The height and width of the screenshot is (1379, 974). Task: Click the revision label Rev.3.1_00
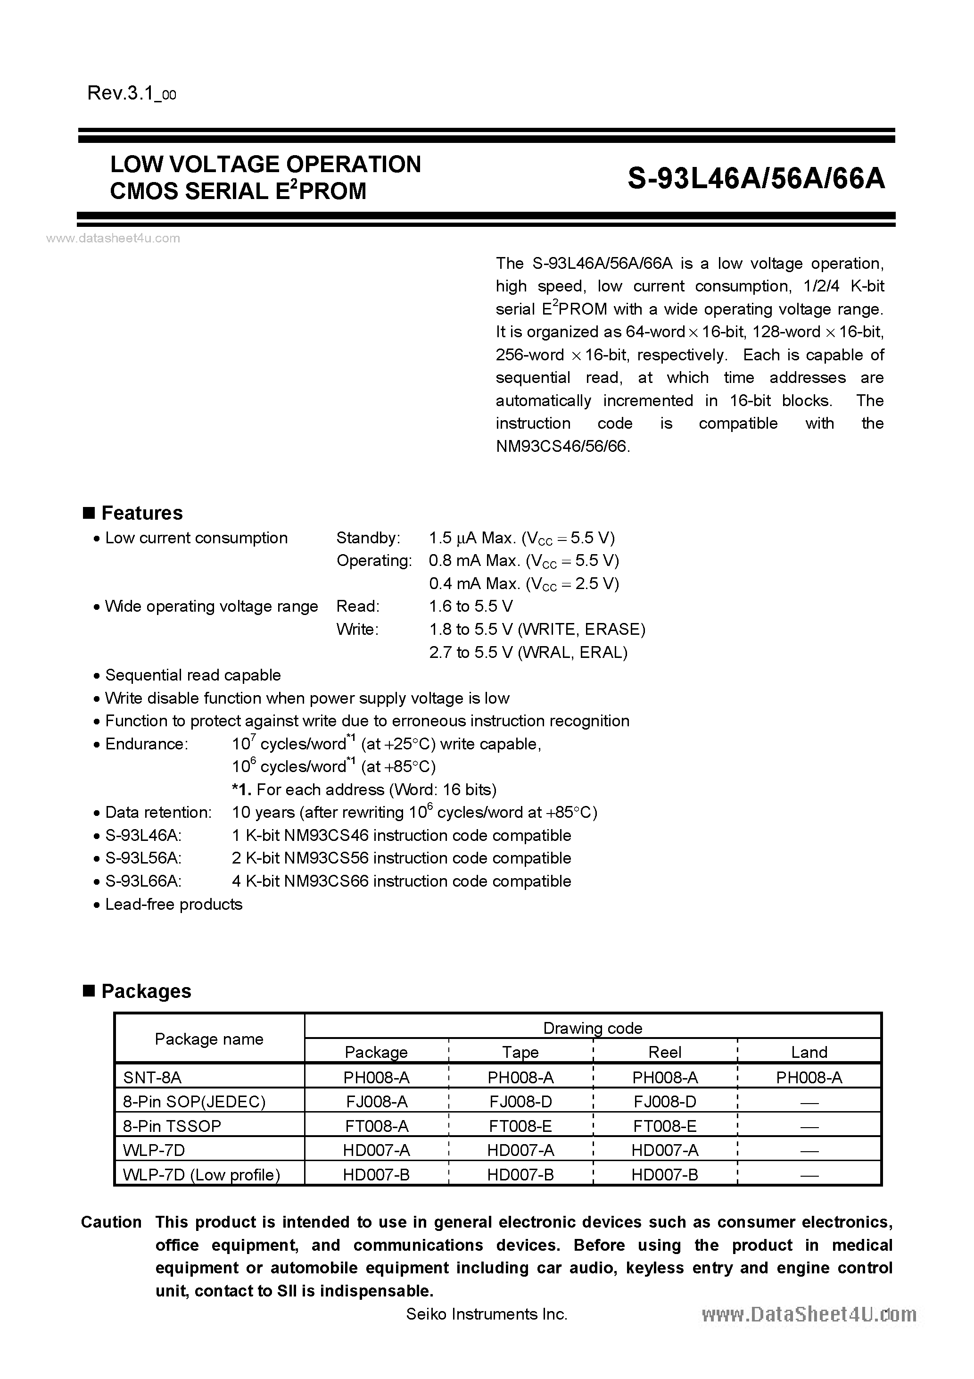pos(132,94)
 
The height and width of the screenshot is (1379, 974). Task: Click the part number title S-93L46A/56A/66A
pos(756,178)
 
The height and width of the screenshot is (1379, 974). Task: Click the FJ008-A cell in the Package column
pos(377,1102)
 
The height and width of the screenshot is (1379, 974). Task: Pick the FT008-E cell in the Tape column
pos(520,1126)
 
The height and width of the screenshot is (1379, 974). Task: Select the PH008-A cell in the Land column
pos(809,1078)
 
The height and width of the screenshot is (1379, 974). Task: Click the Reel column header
pos(665,1052)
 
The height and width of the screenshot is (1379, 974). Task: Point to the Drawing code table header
pos(592,1028)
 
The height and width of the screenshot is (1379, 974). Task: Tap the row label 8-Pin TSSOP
pos(172,1126)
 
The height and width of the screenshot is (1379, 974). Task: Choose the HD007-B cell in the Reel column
pos(665,1175)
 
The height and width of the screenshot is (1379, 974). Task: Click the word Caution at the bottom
pos(111,1222)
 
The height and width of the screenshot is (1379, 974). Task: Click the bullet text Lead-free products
pos(173,905)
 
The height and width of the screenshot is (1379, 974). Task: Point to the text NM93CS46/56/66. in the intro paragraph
pos(562,446)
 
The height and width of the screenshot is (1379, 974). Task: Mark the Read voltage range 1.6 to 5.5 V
pos(471,606)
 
